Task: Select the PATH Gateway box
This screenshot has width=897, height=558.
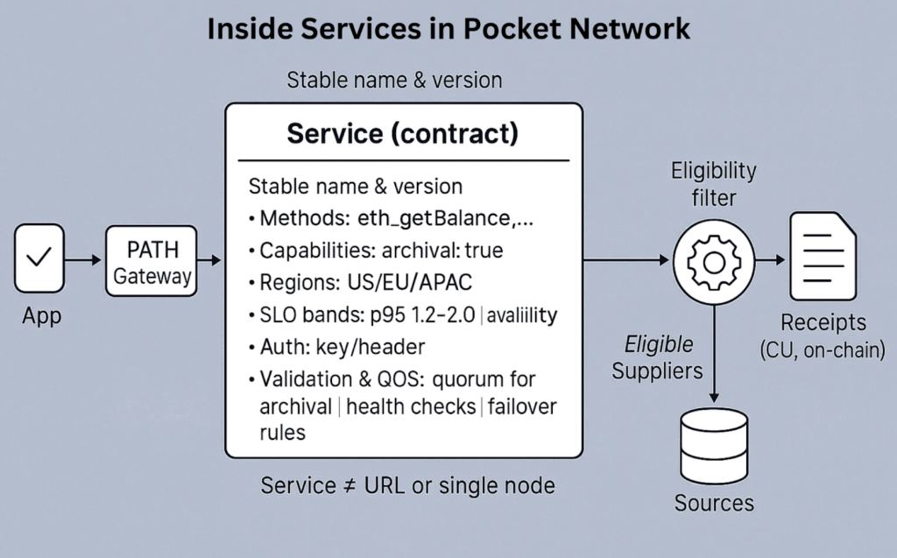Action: [152, 261]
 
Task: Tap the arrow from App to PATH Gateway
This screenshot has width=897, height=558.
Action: [86, 260]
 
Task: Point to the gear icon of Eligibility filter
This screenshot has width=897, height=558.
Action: [713, 261]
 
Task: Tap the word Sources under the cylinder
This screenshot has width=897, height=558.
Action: [714, 503]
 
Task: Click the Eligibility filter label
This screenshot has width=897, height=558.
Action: [713, 184]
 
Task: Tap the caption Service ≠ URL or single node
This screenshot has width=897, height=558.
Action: [407, 484]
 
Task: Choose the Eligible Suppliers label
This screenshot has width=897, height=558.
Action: [658, 357]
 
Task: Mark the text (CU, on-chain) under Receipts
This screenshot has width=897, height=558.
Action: [823, 350]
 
